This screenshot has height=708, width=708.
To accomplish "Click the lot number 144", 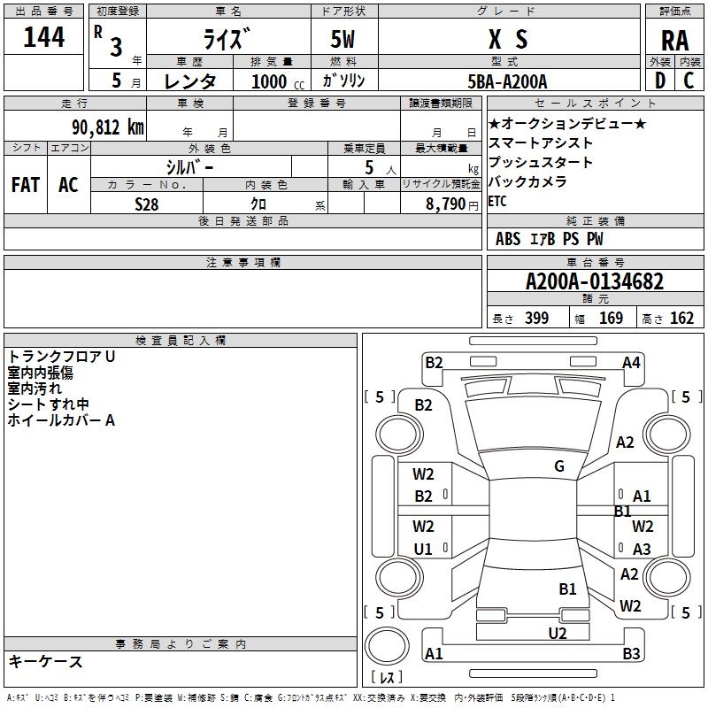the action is (x=44, y=38).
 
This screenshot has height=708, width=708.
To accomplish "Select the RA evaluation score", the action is (x=674, y=41).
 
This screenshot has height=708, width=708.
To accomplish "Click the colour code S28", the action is (x=146, y=204).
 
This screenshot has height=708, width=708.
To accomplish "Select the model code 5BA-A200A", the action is (x=508, y=81).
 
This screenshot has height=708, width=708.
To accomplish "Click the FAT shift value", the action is (x=25, y=184).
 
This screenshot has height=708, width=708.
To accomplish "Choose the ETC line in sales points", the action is (x=497, y=201).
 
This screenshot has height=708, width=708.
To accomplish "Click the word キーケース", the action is (x=45, y=661).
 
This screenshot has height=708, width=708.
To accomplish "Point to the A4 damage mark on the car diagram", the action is (x=631, y=362).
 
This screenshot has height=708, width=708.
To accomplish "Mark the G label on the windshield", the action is (x=559, y=466).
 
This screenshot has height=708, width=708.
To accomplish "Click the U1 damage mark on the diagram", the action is (x=423, y=550).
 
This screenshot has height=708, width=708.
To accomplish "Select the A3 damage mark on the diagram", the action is (x=642, y=550).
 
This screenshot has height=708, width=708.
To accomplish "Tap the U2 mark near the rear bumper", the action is (x=557, y=632).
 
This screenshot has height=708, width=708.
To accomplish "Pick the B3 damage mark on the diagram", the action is (x=631, y=654).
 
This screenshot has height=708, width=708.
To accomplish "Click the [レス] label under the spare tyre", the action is (x=387, y=677).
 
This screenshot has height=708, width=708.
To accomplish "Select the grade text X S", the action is (x=508, y=38).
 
